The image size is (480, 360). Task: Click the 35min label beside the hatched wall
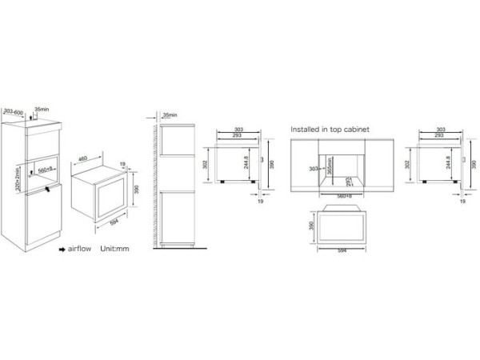[x=170, y=115]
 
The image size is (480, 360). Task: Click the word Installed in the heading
[x=306, y=127]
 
